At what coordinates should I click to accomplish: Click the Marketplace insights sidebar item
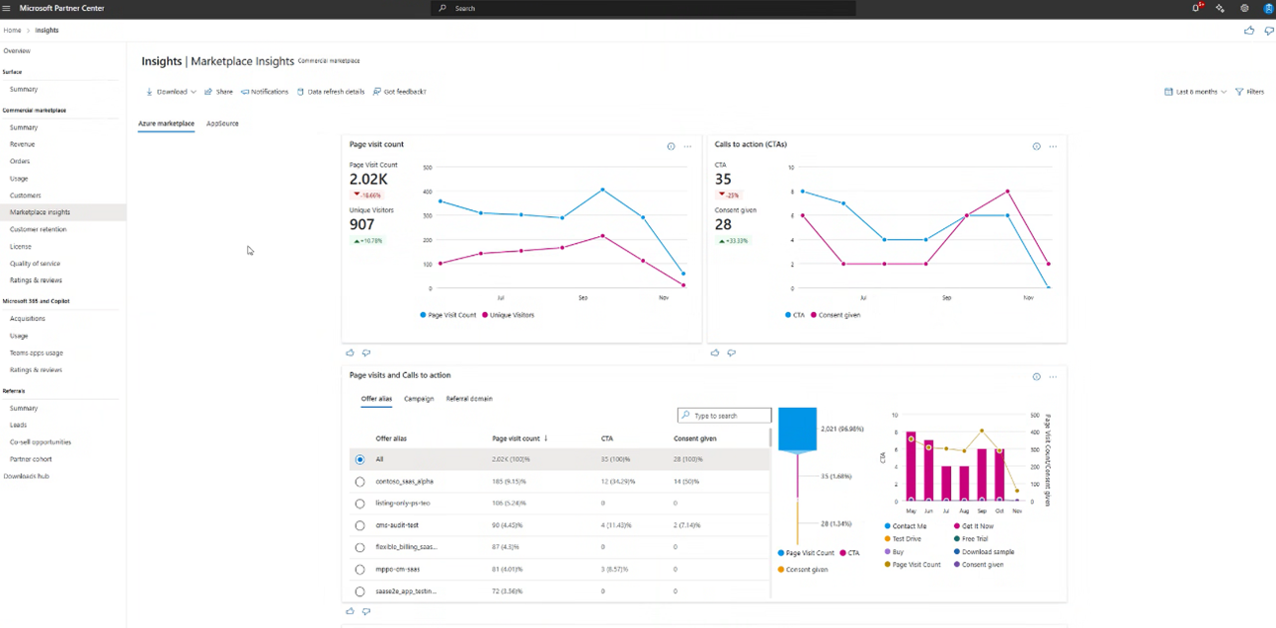(40, 212)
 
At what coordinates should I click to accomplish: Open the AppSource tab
(222, 123)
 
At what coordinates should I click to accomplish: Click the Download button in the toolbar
(171, 92)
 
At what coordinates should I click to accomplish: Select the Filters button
(1249, 92)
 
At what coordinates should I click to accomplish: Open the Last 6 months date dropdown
(1195, 92)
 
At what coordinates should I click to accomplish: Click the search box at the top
(643, 8)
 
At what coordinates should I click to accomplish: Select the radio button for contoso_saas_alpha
(359, 482)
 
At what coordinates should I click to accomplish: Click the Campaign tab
(419, 399)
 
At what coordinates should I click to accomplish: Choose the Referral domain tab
(469, 399)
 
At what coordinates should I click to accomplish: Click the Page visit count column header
(516, 438)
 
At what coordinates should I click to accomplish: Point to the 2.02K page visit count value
(368, 180)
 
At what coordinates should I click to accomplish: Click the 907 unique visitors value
(361, 225)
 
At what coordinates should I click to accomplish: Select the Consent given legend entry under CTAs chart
(838, 315)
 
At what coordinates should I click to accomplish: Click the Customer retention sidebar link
(39, 229)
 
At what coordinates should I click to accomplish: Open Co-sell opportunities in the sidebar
(40, 442)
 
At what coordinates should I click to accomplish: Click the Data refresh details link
(335, 92)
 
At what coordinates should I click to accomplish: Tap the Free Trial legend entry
(974, 539)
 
